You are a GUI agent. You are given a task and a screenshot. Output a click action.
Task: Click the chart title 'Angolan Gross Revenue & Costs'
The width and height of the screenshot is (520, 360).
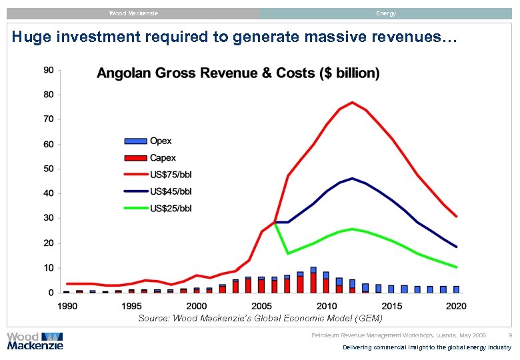pyautogui.click(x=238, y=73)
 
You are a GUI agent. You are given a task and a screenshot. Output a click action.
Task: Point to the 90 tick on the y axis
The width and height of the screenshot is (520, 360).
pyautogui.click(x=49, y=69)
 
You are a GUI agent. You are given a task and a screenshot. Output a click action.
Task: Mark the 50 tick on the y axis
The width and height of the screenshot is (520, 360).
pyautogui.click(x=49, y=169)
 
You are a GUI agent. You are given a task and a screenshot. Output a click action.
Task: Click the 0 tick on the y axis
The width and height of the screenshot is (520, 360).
pyautogui.click(x=51, y=293)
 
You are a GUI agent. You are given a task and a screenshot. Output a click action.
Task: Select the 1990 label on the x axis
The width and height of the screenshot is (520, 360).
pyautogui.click(x=67, y=306)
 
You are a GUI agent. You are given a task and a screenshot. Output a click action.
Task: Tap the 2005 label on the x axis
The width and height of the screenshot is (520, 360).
pyautogui.click(x=261, y=306)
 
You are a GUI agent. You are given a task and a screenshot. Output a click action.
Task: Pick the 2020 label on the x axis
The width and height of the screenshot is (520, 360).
pyautogui.click(x=456, y=306)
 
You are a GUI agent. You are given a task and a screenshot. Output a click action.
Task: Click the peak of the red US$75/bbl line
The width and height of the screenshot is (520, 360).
pyautogui.click(x=352, y=102)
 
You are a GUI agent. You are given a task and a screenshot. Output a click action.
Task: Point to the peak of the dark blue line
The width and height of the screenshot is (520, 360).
pyautogui.click(x=352, y=178)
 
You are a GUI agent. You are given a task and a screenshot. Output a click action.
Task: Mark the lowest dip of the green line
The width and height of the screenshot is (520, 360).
pyautogui.click(x=287, y=253)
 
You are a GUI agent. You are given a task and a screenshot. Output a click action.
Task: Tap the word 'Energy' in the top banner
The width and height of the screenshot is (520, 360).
pyautogui.click(x=385, y=13)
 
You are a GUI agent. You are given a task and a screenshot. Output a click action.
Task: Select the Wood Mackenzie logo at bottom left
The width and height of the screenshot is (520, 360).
pyautogui.click(x=35, y=341)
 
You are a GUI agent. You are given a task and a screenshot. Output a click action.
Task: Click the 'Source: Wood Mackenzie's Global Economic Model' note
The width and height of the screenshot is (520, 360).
pyautogui.click(x=260, y=319)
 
